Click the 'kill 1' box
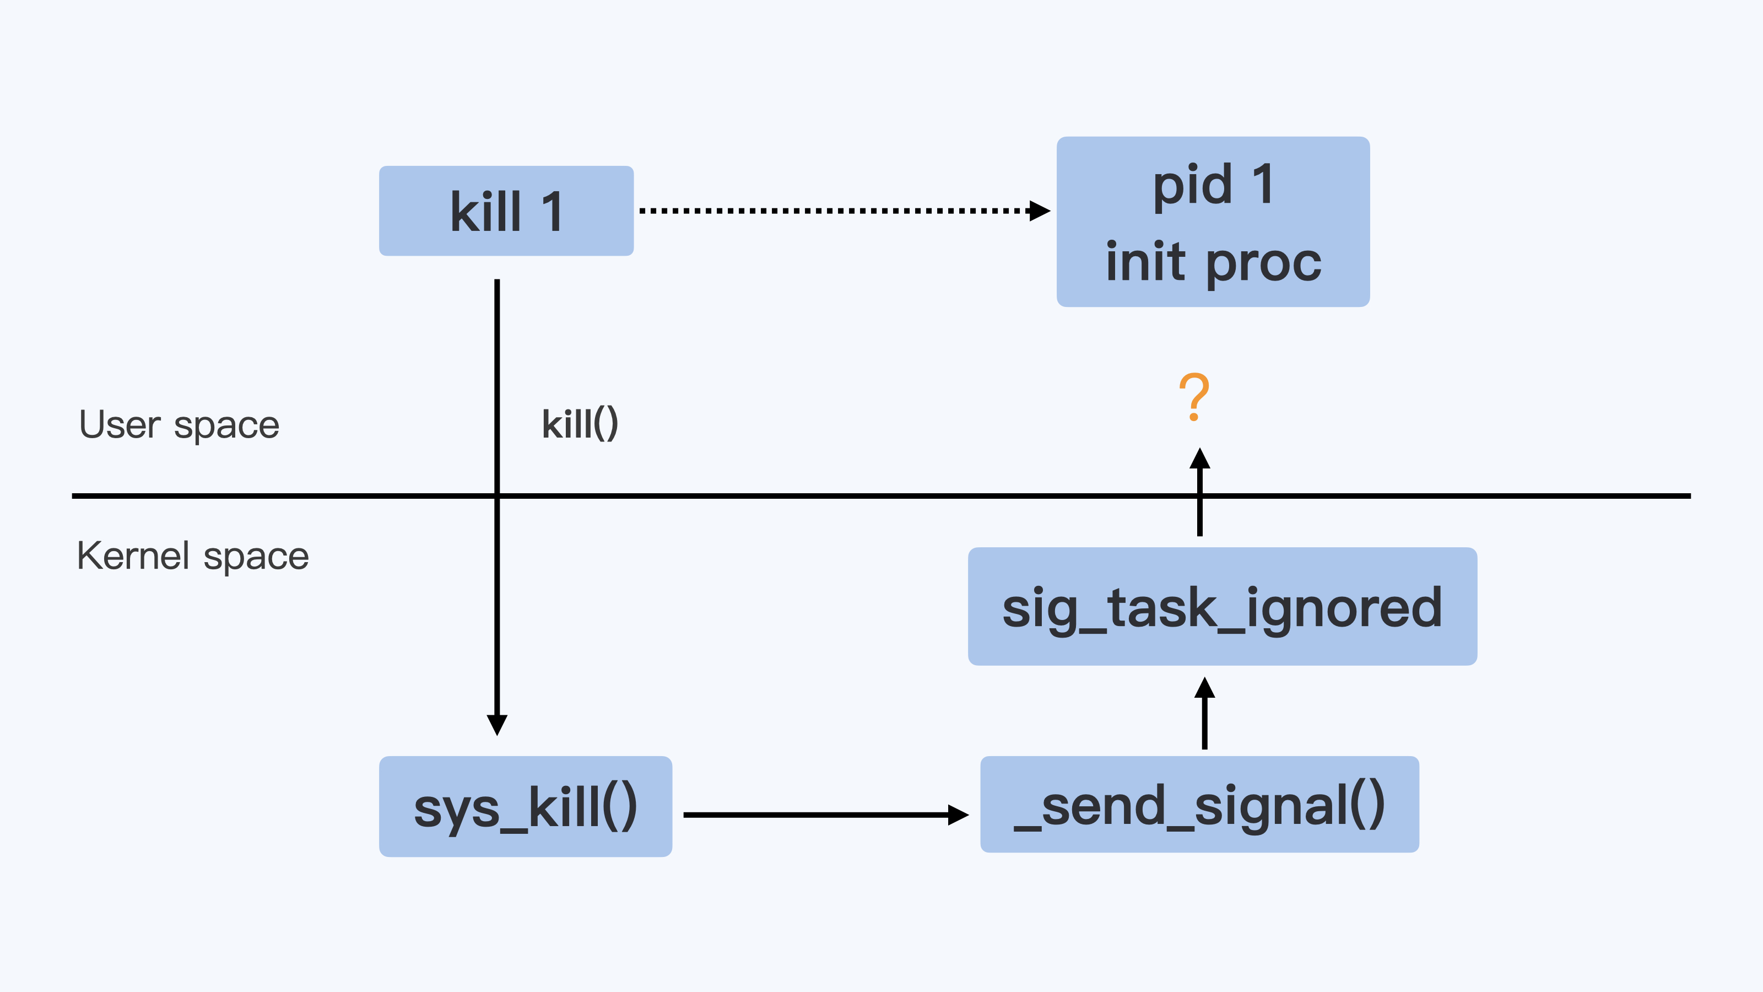coord(506,211)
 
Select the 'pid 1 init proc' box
coord(1213,222)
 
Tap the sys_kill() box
coord(525,806)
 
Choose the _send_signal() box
coord(1199,805)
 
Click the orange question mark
coord(1194,396)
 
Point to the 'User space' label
coord(179,425)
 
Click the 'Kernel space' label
coord(192,556)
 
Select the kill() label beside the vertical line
coord(580,424)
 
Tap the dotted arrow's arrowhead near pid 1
coord(1040,211)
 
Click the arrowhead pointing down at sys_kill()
coord(497,724)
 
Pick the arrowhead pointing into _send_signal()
coord(958,815)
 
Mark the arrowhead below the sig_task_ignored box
coord(1204,687)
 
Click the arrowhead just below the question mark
coord(1200,458)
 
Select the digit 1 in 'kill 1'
coord(551,212)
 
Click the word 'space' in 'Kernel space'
coord(256,557)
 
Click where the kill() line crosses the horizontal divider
coord(497,495)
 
